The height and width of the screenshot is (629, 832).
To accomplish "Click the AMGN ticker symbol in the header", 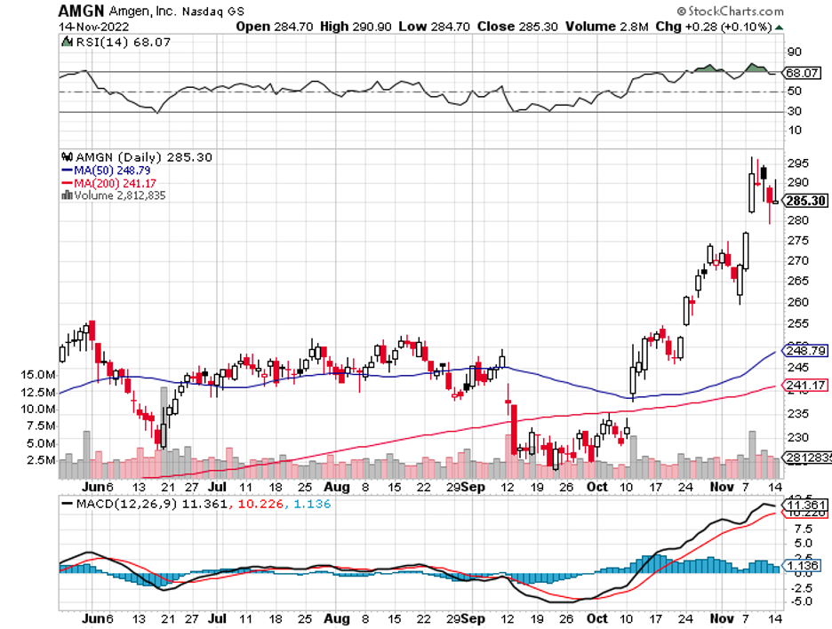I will [x=81, y=12].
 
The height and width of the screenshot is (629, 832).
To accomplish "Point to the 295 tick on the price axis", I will [x=796, y=163].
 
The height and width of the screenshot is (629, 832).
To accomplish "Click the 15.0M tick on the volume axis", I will [x=38, y=376].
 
